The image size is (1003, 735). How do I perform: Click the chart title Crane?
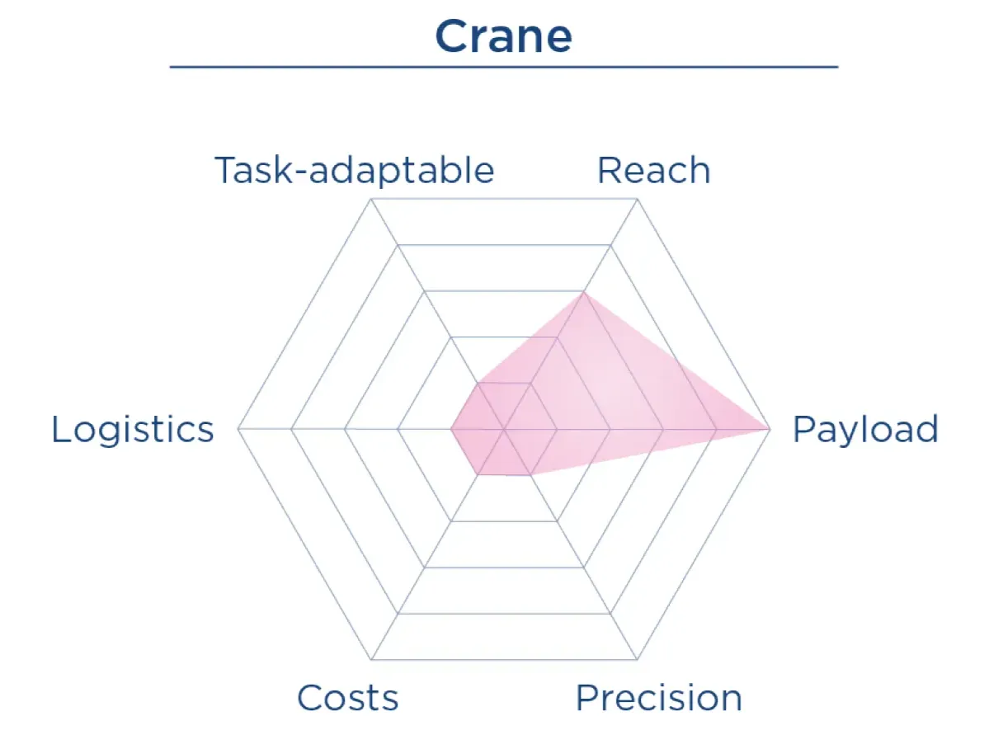coord(503,36)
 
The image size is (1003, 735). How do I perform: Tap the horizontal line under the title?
coord(503,66)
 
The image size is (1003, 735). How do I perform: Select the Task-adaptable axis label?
coord(355,171)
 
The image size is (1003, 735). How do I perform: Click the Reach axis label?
coord(653,171)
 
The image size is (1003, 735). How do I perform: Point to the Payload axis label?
coord(865,430)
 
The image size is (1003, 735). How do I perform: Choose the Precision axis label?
coord(658,698)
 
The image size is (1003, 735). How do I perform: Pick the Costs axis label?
coord(347,698)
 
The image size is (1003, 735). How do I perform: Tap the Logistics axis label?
coord(133,430)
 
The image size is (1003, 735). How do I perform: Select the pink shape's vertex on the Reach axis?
coord(583,292)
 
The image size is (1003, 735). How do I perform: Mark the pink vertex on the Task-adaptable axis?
coord(478,384)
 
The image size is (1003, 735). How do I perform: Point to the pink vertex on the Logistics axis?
coord(450,429)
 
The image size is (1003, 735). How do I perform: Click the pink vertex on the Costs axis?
coord(478,474)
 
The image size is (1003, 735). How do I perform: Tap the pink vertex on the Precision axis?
coord(530,475)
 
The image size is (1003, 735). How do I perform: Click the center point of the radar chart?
coord(504,429)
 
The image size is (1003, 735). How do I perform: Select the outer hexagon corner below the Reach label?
coord(637,199)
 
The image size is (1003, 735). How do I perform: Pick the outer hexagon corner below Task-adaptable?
coord(371,199)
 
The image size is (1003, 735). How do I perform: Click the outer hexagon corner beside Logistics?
coord(238,429)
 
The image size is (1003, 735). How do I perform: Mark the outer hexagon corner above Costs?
coord(371,659)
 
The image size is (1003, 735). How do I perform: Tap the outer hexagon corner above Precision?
coord(637,659)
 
